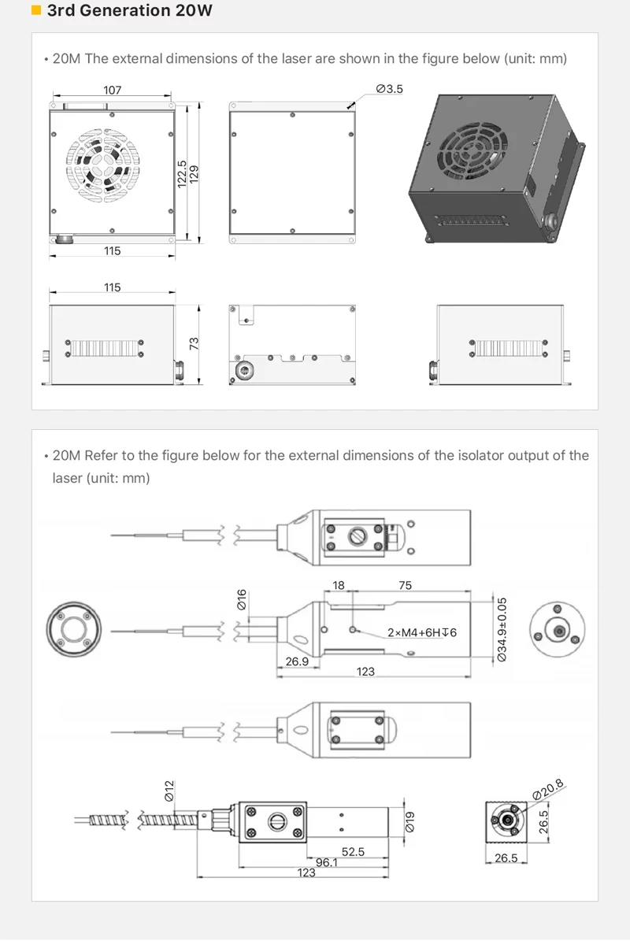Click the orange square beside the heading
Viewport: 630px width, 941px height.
pos(35,11)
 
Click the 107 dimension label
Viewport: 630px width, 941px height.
pos(113,90)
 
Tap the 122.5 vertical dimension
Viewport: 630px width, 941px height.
pos(182,173)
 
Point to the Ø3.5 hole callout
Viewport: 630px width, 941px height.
pos(389,89)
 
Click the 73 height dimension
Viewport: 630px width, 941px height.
pos(194,343)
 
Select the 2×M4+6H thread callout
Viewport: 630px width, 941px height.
pos(422,632)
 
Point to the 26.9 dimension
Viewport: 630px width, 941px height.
pos(297,661)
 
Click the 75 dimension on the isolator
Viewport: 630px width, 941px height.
pos(405,585)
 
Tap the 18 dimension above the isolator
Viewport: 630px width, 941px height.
pos(339,585)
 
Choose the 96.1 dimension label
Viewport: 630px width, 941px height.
pos(327,862)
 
